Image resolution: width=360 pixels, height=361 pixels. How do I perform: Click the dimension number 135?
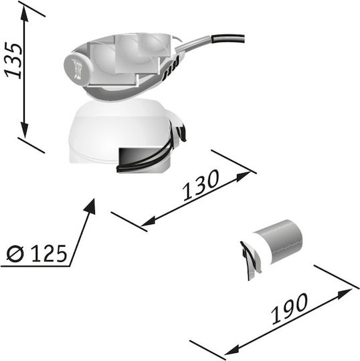[x=14, y=60]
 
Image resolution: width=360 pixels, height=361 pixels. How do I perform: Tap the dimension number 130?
[x=201, y=186]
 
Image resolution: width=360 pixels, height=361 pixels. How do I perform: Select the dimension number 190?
[x=290, y=308]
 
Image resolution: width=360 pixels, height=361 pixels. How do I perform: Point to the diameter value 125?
[x=49, y=253]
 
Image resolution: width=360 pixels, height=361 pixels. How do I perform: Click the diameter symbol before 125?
[x=15, y=253]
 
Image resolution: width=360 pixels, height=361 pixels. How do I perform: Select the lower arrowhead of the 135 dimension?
[x=24, y=130]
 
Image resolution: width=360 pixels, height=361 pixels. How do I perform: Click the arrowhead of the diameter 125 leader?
[x=90, y=207]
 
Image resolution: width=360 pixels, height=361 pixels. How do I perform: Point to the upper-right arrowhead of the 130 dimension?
[x=244, y=176]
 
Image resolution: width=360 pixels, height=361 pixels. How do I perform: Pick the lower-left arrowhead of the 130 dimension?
[x=148, y=221]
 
